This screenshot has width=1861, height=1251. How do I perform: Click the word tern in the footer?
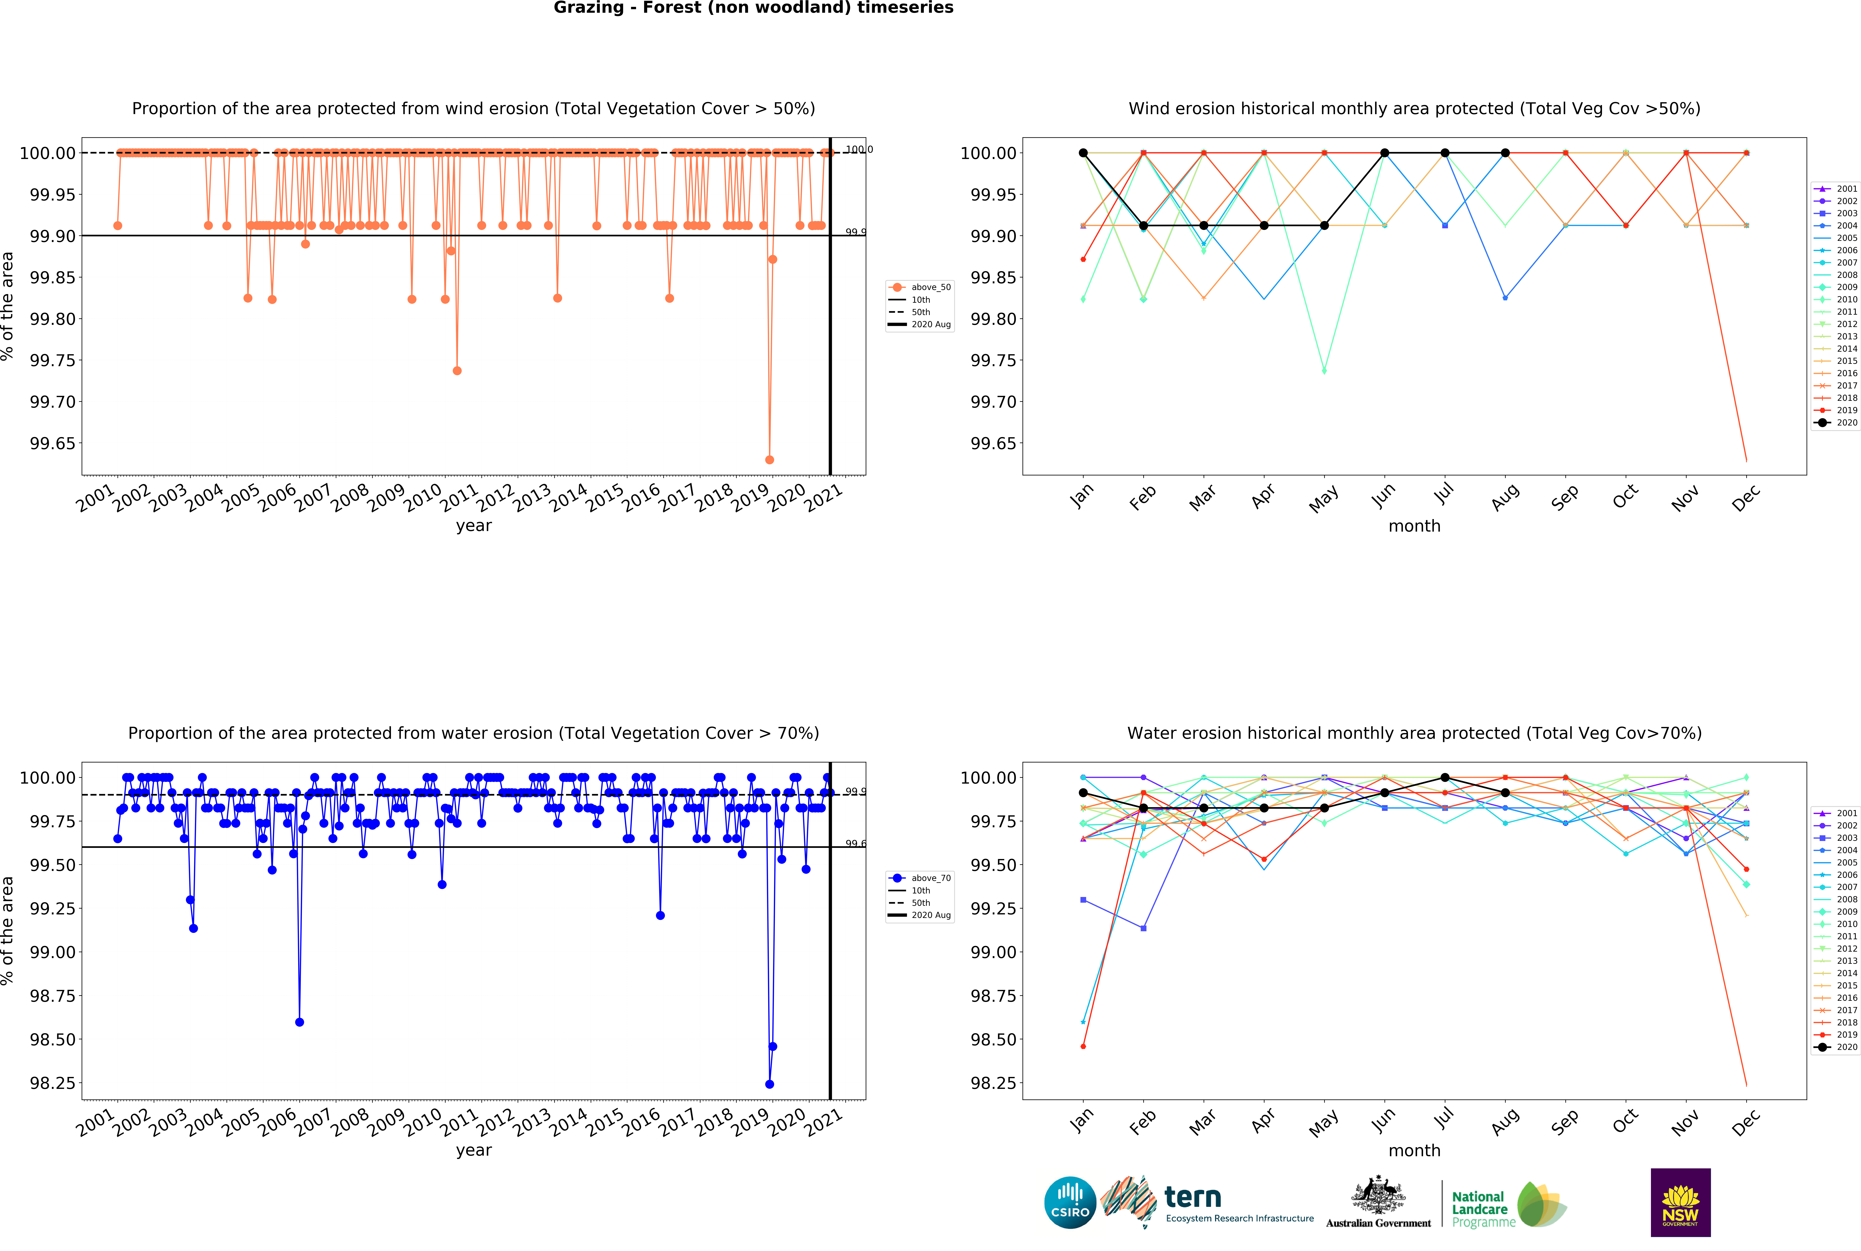(x=1193, y=1197)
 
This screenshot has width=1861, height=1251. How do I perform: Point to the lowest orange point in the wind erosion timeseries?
(x=769, y=460)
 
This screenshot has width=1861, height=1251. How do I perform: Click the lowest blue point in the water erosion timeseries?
(x=769, y=1084)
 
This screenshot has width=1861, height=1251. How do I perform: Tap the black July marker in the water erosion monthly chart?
(x=1445, y=778)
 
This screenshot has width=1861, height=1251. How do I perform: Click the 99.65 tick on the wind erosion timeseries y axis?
(x=53, y=443)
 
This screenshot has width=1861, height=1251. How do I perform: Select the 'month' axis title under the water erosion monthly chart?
(x=1414, y=1151)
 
